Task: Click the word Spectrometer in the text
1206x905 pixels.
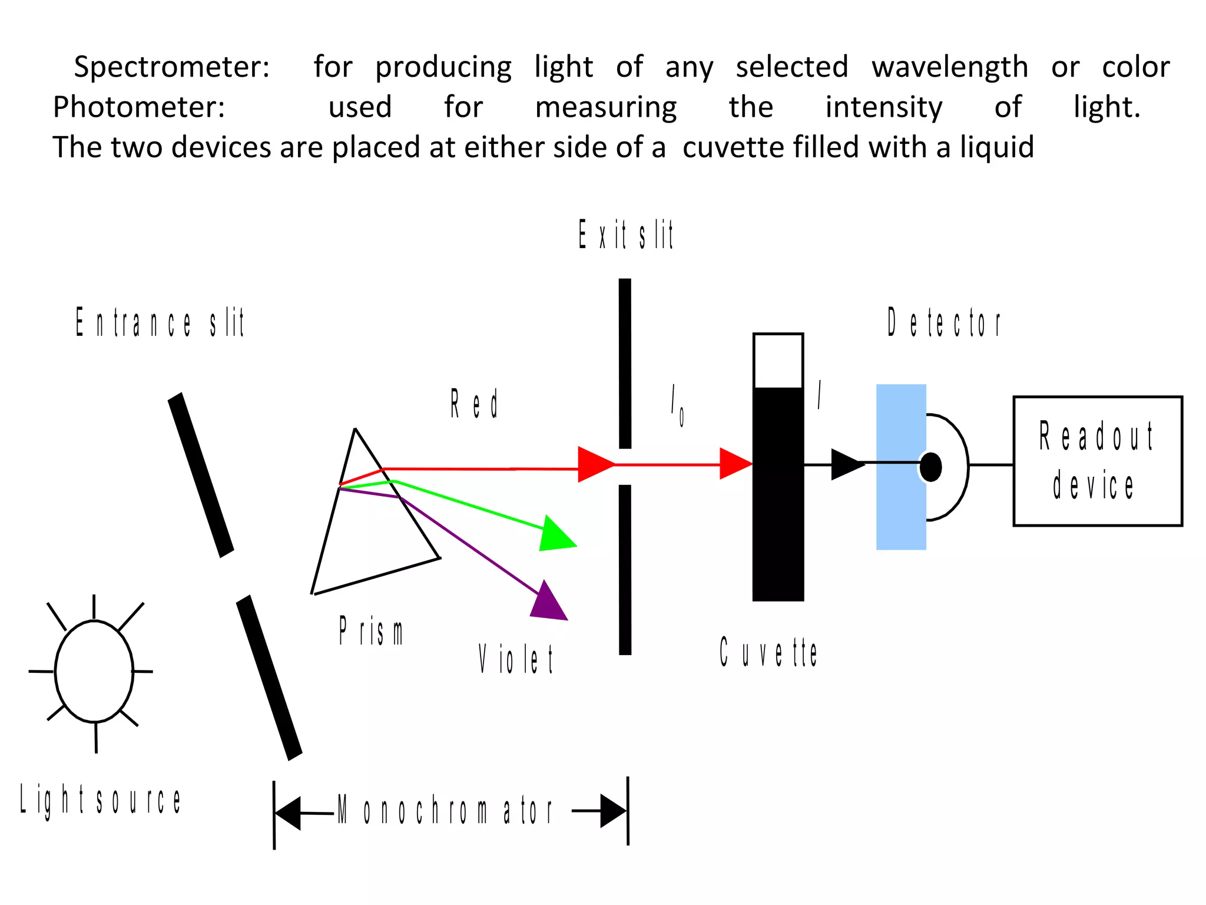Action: [x=171, y=67]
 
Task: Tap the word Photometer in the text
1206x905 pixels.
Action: [x=139, y=108]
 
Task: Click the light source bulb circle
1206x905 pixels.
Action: [x=94, y=671]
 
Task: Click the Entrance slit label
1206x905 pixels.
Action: [x=160, y=323]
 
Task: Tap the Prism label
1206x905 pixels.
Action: [x=371, y=632]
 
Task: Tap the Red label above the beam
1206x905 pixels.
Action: [x=474, y=404]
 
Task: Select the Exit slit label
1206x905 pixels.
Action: [x=625, y=234]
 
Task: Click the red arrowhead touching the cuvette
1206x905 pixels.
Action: [x=735, y=464]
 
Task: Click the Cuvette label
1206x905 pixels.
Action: [x=768, y=652]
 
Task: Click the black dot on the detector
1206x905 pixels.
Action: [x=930, y=467]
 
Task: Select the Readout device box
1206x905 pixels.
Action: [x=1097, y=461]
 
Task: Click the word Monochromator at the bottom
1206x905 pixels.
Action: [x=445, y=811]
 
